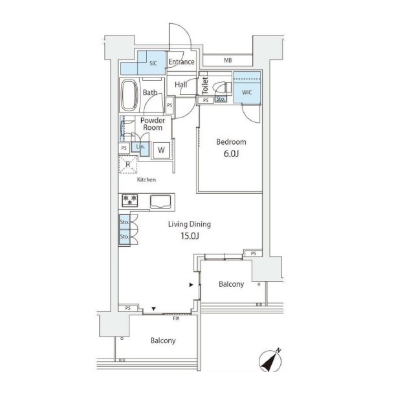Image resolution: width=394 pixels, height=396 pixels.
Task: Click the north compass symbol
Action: click(270, 360)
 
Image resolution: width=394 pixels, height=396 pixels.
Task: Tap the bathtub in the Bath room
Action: click(130, 96)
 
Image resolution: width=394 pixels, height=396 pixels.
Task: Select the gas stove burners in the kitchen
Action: click(130, 200)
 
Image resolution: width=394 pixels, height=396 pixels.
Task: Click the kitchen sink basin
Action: click(160, 202)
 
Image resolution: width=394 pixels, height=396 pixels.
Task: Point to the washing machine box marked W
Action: click(161, 151)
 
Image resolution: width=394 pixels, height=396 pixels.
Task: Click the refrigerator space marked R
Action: click(128, 165)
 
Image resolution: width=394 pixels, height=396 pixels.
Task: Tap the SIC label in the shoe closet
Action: click(153, 63)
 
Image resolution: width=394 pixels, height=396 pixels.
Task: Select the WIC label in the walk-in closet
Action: click(247, 92)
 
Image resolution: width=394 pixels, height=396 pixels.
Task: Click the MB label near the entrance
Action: click(228, 60)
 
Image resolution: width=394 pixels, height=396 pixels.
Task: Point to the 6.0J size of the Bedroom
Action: click(231, 154)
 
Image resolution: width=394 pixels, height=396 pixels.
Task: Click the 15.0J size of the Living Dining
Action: click(190, 236)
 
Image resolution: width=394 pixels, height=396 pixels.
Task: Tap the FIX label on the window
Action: click(176, 318)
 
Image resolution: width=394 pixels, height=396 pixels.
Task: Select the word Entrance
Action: click(182, 62)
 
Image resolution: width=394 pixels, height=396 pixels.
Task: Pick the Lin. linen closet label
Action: click(140, 147)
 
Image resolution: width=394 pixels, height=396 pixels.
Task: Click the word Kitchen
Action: click(146, 180)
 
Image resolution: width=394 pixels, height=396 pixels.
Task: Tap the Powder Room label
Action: click(153, 124)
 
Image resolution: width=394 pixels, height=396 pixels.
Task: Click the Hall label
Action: click(181, 85)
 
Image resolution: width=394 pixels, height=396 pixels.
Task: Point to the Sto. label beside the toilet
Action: click(221, 99)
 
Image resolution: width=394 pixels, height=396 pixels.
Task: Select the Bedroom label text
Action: click(231, 142)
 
